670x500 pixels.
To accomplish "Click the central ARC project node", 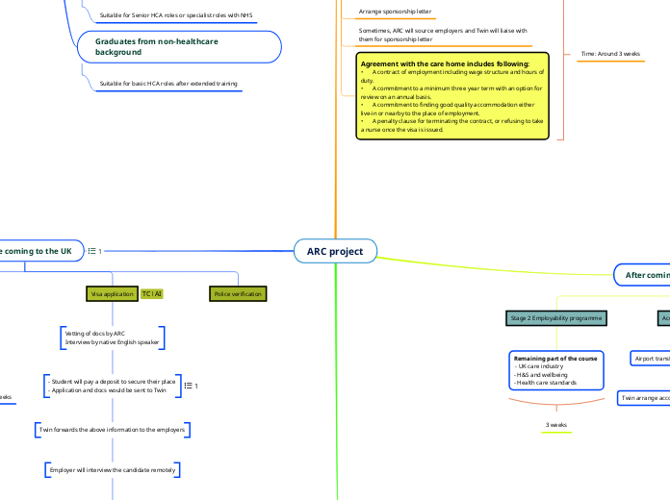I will click(x=335, y=251).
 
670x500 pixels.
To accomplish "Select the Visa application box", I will click(x=112, y=293).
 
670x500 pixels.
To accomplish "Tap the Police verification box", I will click(x=238, y=293).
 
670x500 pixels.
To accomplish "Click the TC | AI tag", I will click(x=152, y=293).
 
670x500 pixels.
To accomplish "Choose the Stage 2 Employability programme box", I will click(x=555, y=316).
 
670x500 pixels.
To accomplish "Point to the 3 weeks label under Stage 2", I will click(x=556, y=424).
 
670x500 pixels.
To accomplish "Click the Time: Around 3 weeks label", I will click(x=611, y=55).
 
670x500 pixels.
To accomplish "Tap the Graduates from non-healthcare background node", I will click(x=178, y=45).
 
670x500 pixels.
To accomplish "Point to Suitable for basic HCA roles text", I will click(x=168, y=84).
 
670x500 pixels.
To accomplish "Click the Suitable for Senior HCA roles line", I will click(x=176, y=15).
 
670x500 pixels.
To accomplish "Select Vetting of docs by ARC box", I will click(x=112, y=337).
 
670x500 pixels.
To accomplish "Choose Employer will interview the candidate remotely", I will click(x=112, y=469).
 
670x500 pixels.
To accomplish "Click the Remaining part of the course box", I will click(x=556, y=370).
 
